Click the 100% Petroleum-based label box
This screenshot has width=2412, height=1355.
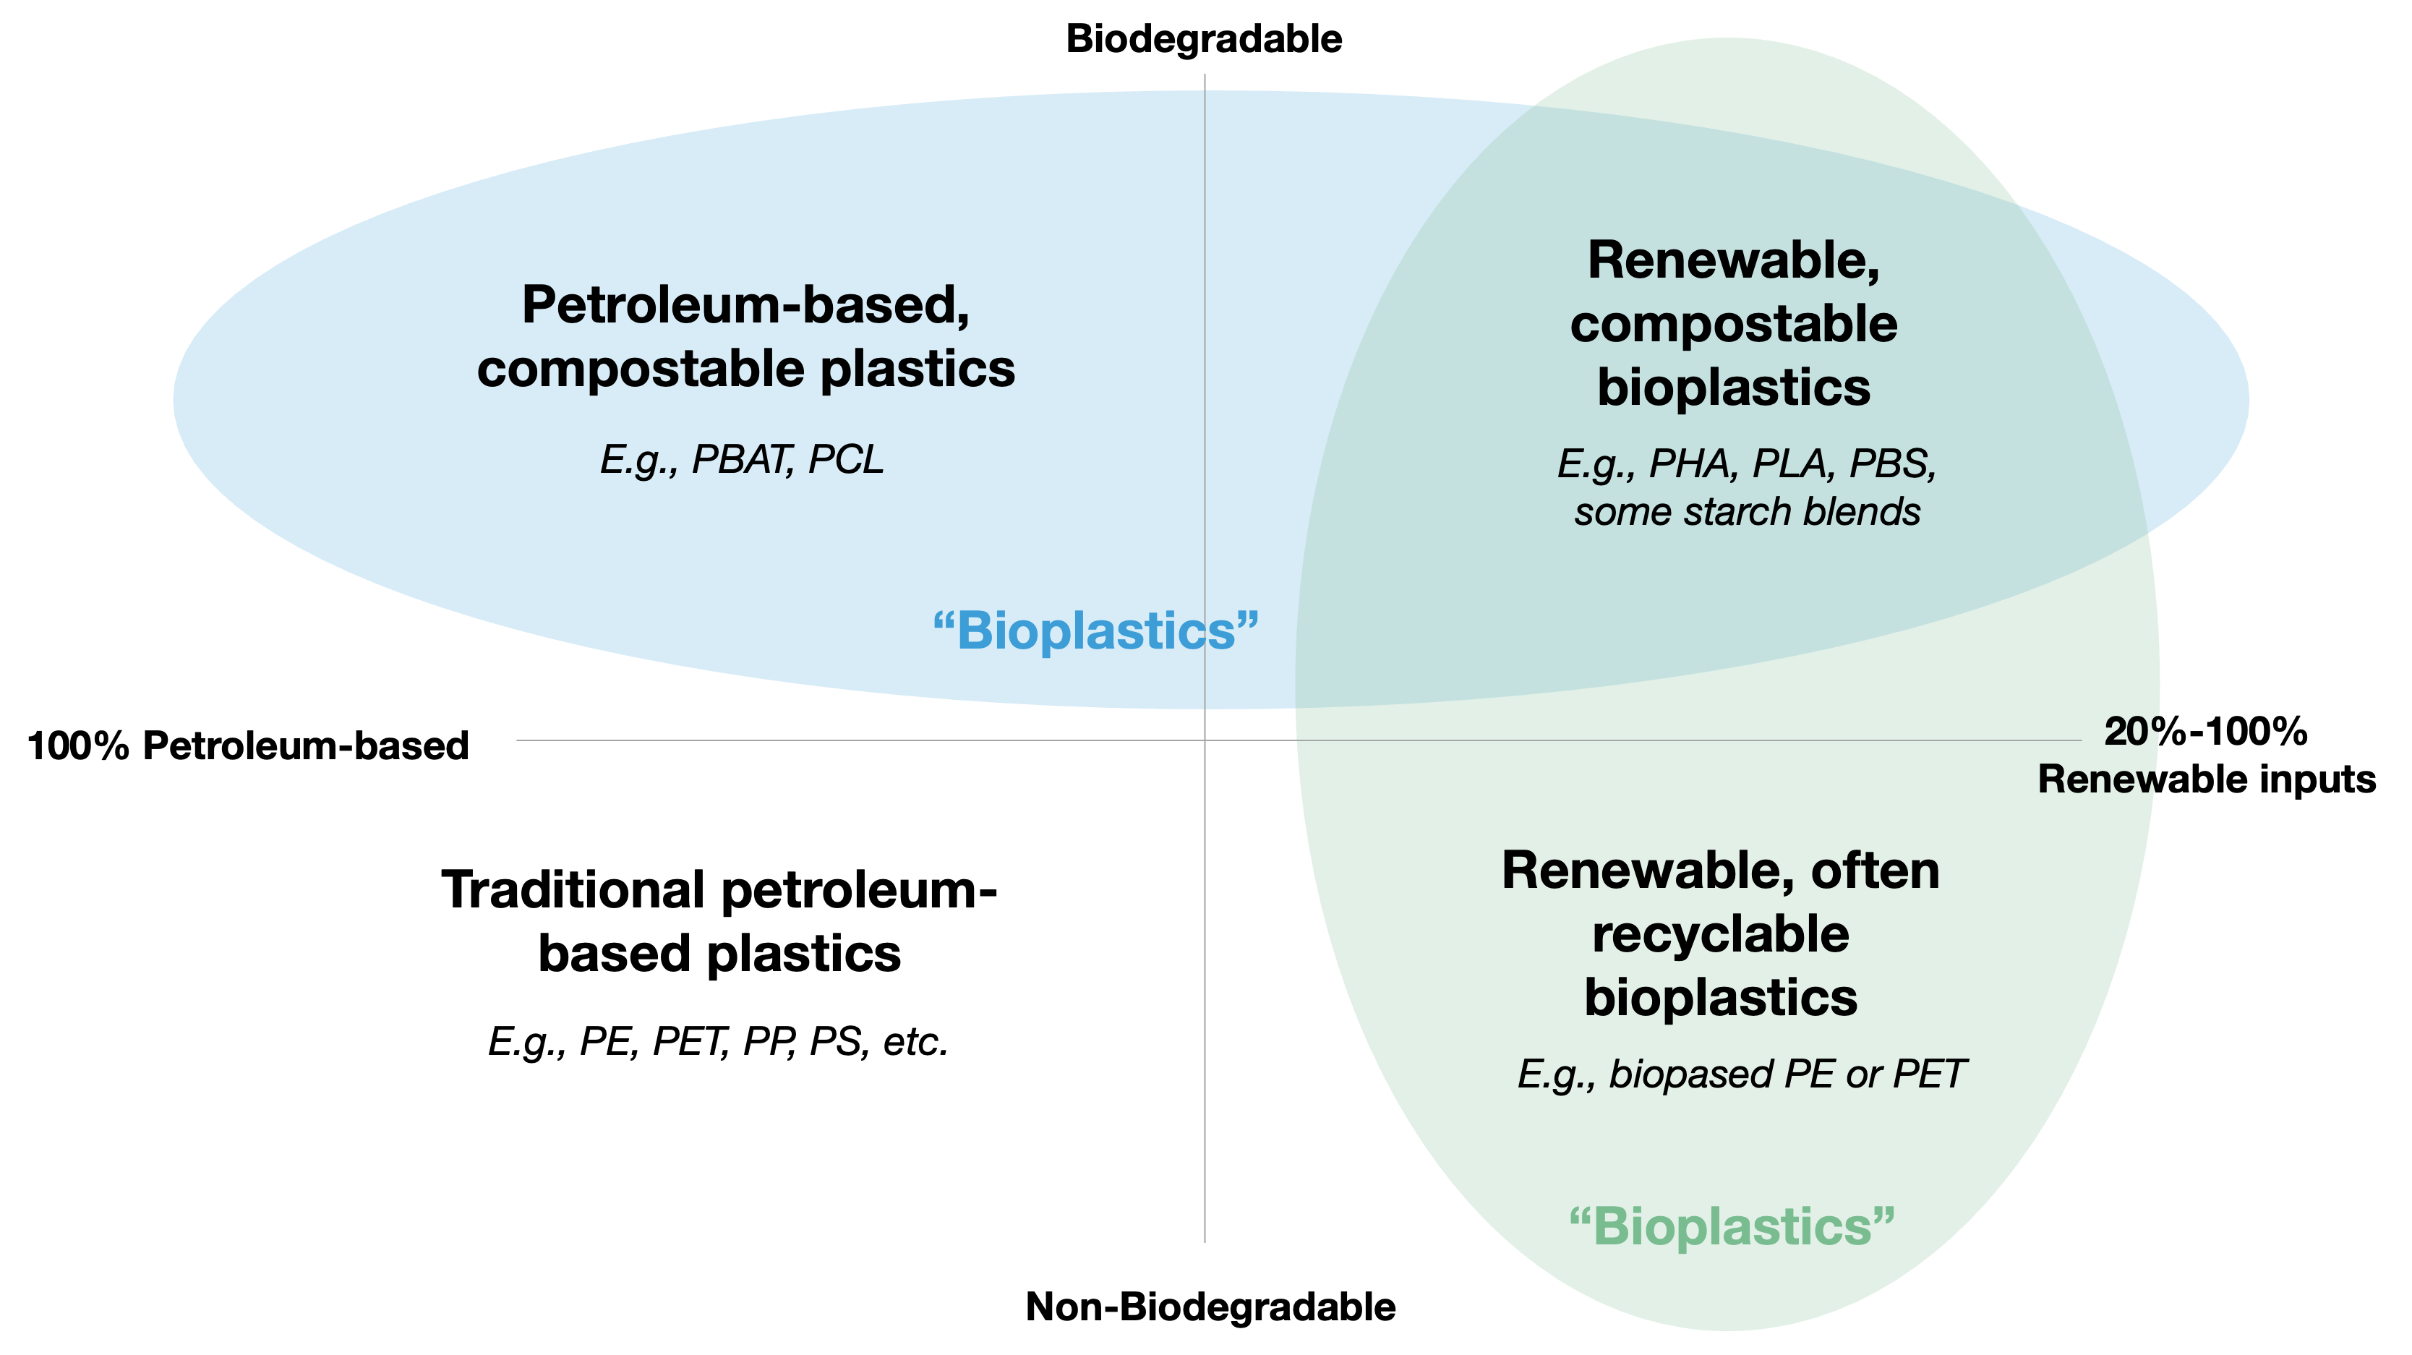258,745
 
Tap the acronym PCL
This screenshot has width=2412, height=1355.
845,460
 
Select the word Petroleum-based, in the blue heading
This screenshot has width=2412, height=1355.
745,305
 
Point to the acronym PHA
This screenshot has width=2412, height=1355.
1689,463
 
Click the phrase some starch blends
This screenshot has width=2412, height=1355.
1748,512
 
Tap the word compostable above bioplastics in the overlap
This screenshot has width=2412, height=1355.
1733,324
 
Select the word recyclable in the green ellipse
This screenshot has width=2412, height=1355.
1720,935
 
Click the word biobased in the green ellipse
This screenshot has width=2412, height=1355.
1691,1074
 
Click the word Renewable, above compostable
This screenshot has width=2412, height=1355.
1733,260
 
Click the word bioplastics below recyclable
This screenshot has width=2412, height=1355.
1720,999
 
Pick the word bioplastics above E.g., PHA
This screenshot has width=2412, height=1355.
1733,388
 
